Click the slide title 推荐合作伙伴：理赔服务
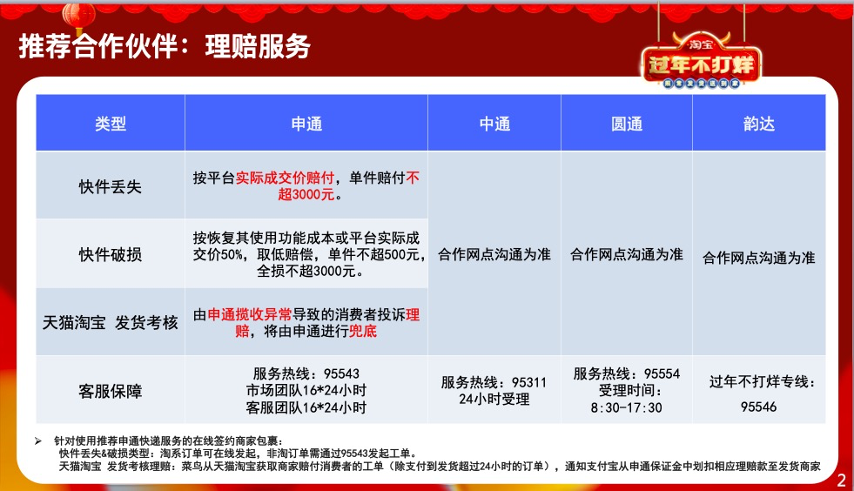pyautogui.click(x=165, y=46)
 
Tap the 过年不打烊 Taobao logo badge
pyautogui.click(x=701, y=61)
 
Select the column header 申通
pyautogui.click(x=306, y=124)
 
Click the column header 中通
pyautogui.click(x=494, y=124)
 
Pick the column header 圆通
pyautogui.click(x=626, y=124)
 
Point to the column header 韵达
pyautogui.click(x=759, y=124)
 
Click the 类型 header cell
pyautogui.click(x=111, y=124)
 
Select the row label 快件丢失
pyautogui.click(x=110, y=186)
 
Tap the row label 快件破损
pyautogui.click(x=110, y=254)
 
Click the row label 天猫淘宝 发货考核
pyautogui.click(x=110, y=323)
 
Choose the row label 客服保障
pyautogui.click(x=110, y=391)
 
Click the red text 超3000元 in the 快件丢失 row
pyautogui.click(x=306, y=194)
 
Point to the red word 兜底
pyautogui.click(x=363, y=331)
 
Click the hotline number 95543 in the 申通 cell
pyautogui.click(x=341, y=373)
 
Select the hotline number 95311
pyautogui.click(x=528, y=382)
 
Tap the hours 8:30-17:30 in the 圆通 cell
pyautogui.click(x=626, y=407)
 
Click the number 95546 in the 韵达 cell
pyautogui.click(x=759, y=407)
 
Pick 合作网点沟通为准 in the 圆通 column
pyautogui.click(x=626, y=254)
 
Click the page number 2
pyautogui.click(x=842, y=480)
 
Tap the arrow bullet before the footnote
pyautogui.click(x=38, y=441)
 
